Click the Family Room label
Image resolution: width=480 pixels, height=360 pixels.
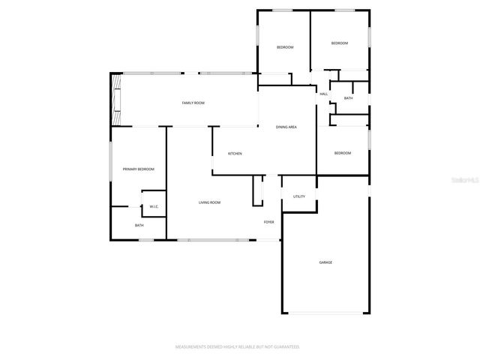tap(193, 103)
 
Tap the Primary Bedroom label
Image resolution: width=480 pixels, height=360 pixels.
tap(139, 169)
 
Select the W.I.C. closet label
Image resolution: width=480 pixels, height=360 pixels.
tap(153, 206)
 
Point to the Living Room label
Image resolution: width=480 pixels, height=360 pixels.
tap(209, 202)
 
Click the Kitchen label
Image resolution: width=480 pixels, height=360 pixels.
tap(235, 154)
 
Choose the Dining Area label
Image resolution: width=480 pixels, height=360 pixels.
tap(286, 127)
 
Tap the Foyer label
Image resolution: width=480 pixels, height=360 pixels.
tap(268, 222)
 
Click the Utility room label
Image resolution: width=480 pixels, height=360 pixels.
tap(298, 196)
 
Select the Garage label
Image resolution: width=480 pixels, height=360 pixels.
tap(325, 262)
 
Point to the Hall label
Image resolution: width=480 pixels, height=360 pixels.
tap(324, 94)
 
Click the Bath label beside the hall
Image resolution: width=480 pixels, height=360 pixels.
tap(348, 98)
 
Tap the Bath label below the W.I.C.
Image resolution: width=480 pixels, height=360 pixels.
tap(139, 226)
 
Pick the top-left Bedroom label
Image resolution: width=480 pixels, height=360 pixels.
tap(285, 48)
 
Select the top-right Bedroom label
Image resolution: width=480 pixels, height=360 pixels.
tap(340, 43)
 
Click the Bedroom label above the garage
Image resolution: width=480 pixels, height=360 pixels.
tap(342, 153)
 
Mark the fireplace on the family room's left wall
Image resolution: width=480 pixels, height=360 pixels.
tap(116, 99)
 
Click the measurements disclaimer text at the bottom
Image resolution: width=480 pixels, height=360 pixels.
tap(238, 347)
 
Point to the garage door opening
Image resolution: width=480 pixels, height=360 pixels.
tap(325, 313)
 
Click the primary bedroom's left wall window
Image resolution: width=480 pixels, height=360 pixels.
tap(111, 160)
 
